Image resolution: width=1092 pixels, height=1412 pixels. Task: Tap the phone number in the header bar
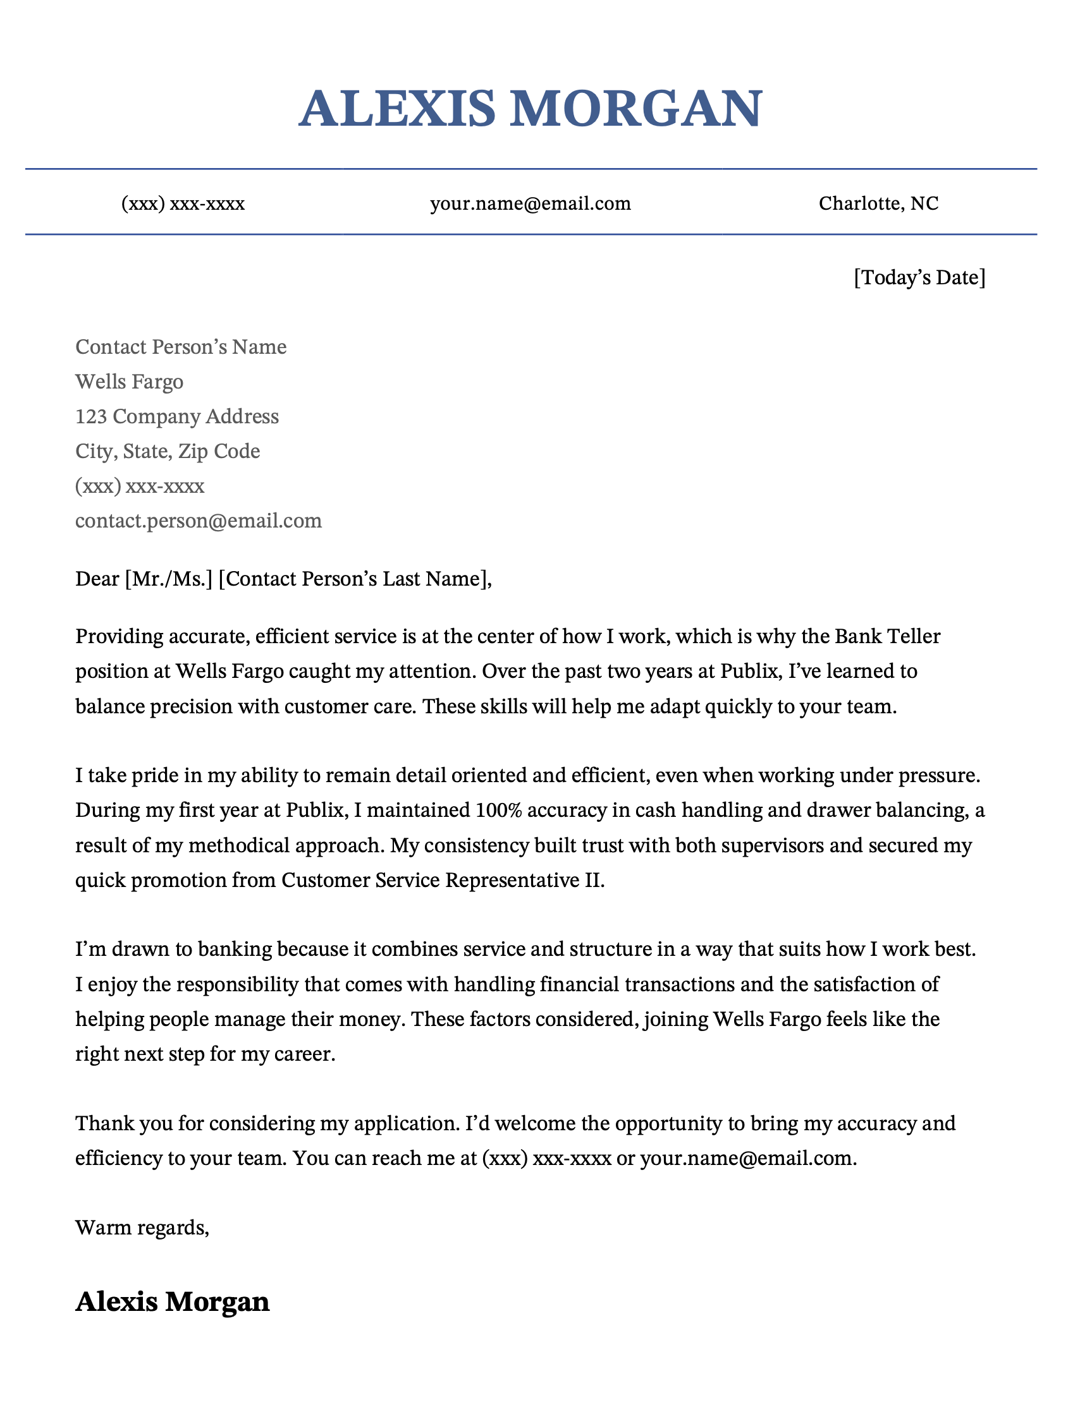click(x=183, y=203)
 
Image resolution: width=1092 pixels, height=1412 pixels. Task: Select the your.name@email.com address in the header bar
click(x=531, y=203)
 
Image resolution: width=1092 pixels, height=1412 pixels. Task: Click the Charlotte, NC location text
click(x=878, y=203)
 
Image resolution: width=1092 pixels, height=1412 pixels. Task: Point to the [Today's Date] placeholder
click(x=919, y=277)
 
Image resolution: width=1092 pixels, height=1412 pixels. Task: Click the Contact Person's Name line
click(x=180, y=347)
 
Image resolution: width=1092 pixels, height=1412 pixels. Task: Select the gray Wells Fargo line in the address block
click(x=130, y=382)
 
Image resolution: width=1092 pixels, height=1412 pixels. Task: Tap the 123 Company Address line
click(x=176, y=416)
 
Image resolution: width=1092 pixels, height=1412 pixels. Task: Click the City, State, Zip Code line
click(x=168, y=451)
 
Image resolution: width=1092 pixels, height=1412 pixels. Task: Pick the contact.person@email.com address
click(x=198, y=521)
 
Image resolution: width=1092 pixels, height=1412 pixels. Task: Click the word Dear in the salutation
click(x=97, y=579)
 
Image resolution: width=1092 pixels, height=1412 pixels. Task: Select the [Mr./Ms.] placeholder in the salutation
click(x=168, y=579)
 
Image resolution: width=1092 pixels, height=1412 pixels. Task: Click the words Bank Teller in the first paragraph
click(x=887, y=637)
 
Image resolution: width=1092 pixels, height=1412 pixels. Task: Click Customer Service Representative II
click(x=443, y=881)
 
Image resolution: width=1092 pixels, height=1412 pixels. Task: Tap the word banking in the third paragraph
click(x=235, y=950)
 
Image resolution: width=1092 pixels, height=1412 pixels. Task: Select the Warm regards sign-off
click(x=142, y=1228)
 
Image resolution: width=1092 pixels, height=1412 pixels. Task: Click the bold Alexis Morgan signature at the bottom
click(x=172, y=1301)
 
